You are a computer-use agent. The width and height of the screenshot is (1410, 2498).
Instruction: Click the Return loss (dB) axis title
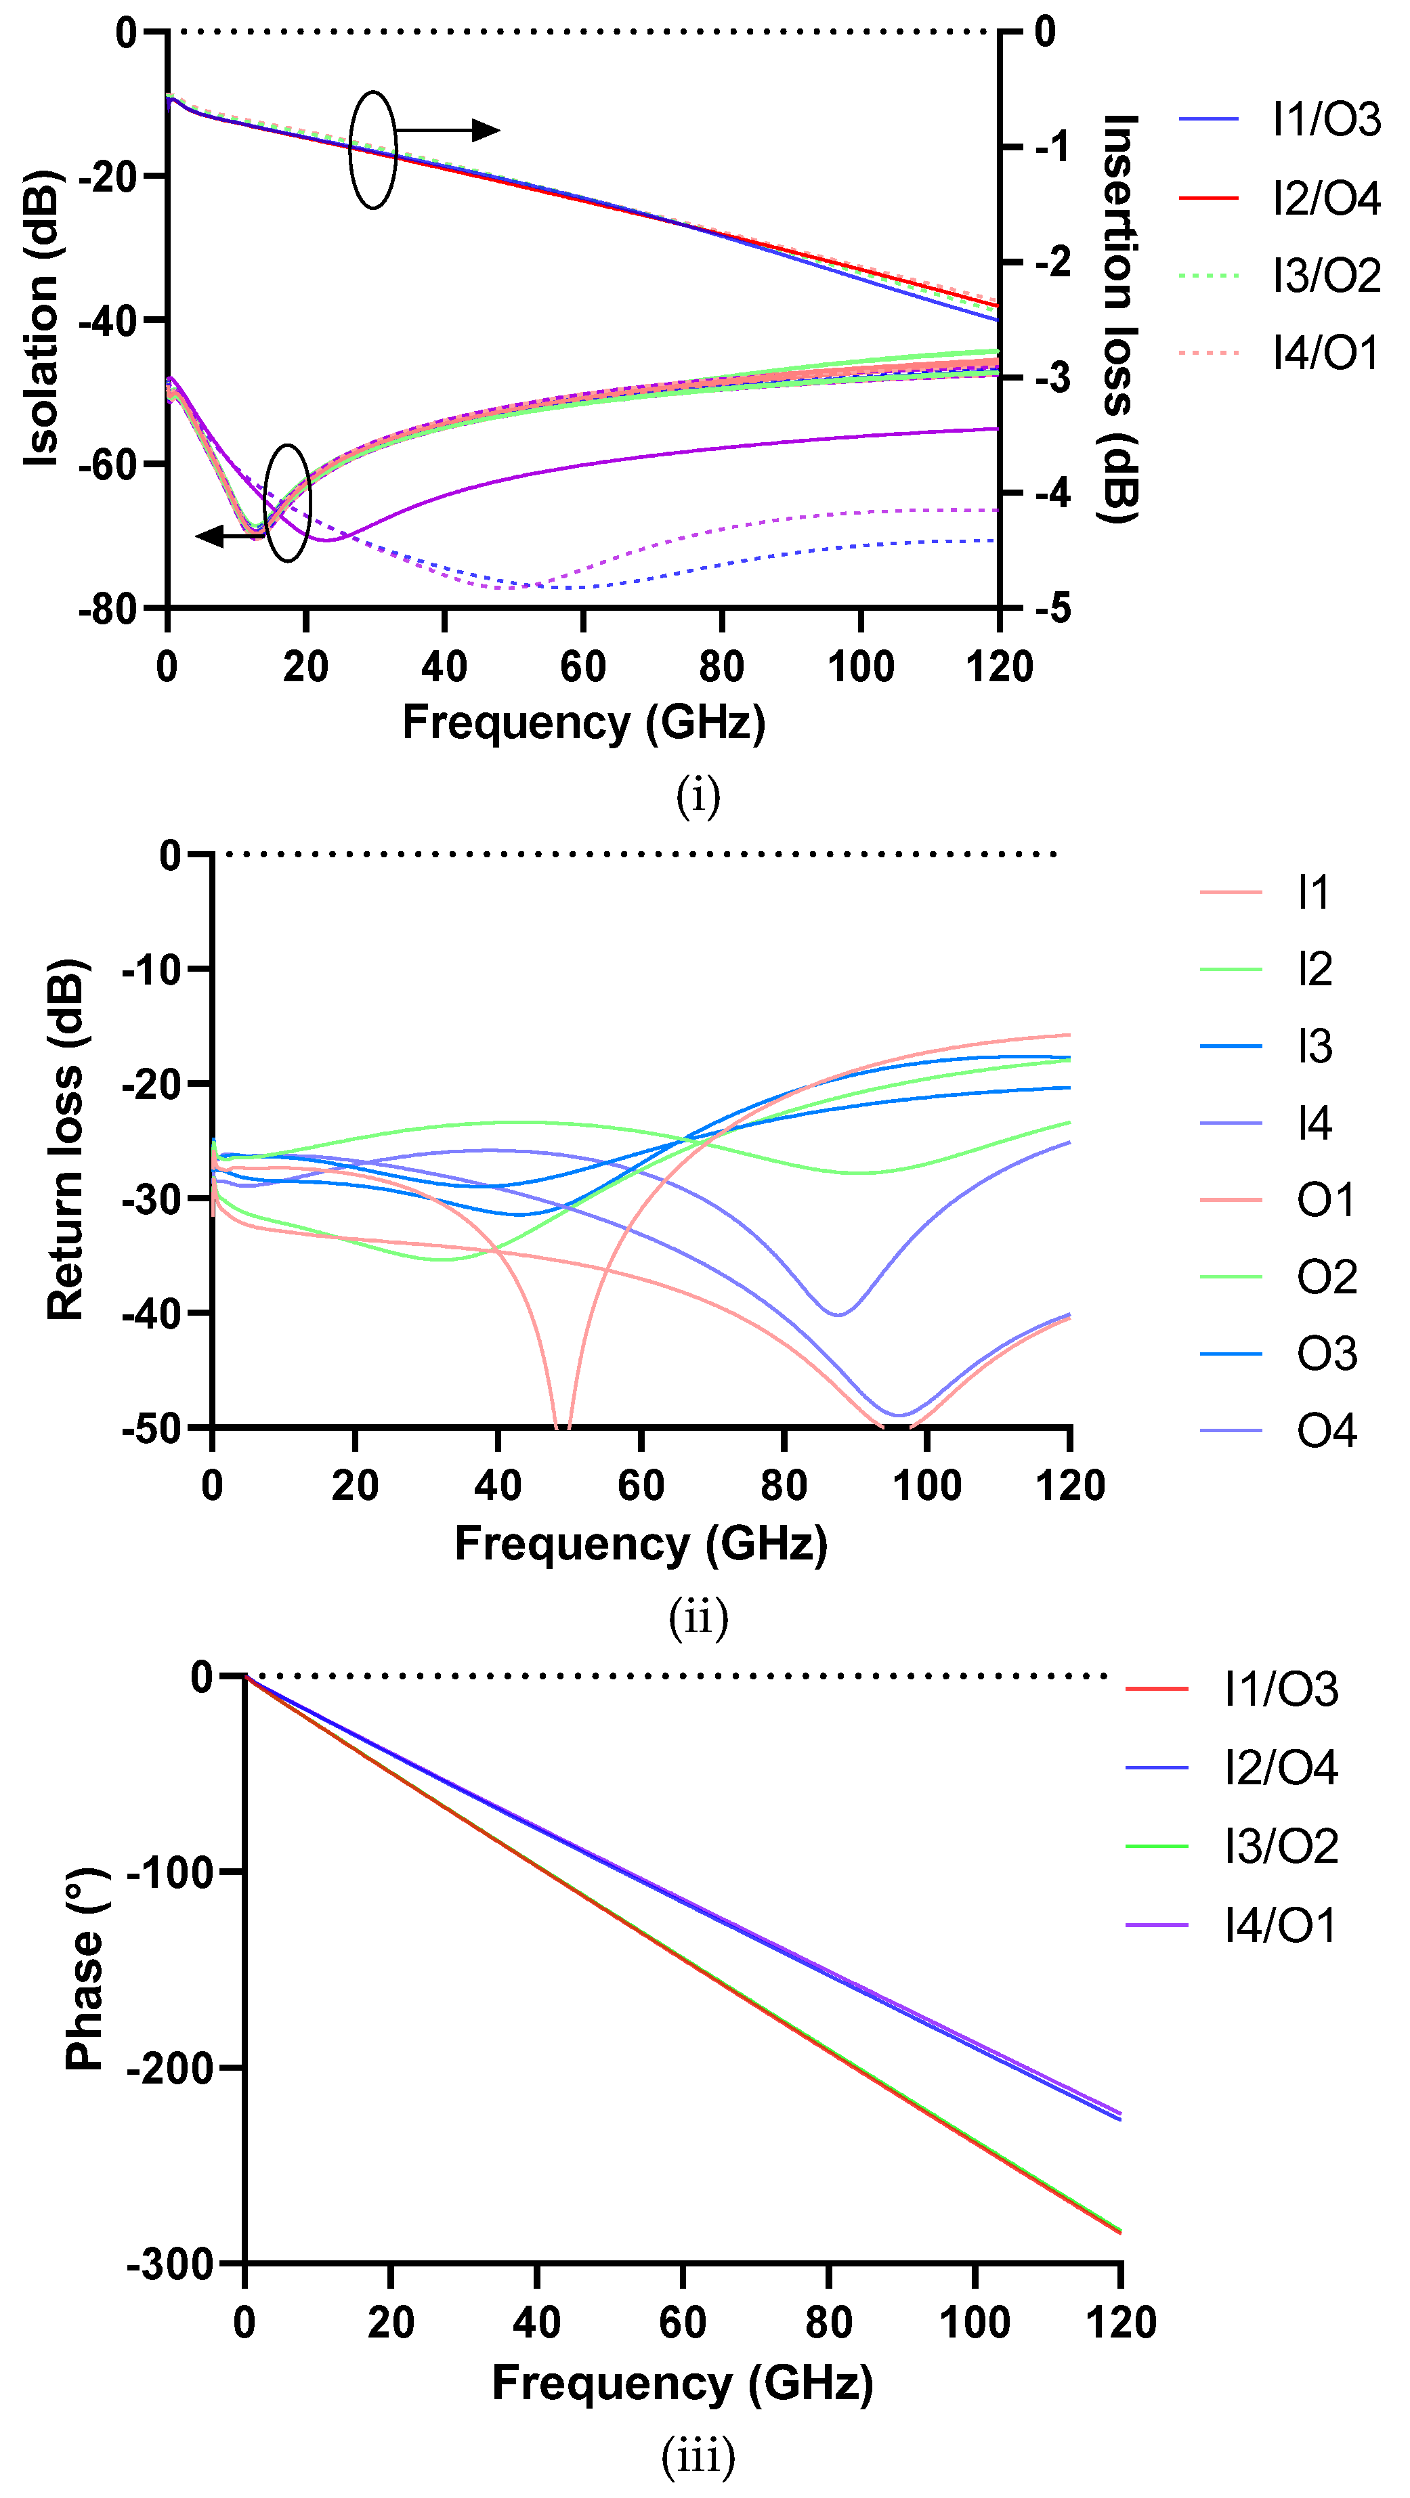(65, 1140)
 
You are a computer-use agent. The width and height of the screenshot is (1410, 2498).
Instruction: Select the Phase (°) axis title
(85, 1968)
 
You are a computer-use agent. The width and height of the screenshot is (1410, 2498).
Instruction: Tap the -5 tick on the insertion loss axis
(1052, 609)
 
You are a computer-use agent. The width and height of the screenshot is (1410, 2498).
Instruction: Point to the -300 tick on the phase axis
(170, 2265)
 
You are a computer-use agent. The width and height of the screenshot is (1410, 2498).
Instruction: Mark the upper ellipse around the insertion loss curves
(373, 150)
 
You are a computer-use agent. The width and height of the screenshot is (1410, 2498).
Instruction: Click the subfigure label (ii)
(698, 1616)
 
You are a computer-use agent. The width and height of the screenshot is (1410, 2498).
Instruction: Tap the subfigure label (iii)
(698, 2455)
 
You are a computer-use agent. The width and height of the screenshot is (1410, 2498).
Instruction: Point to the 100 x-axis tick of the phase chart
(974, 2323)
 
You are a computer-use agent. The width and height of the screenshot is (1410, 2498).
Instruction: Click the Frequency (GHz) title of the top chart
(584, 723)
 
